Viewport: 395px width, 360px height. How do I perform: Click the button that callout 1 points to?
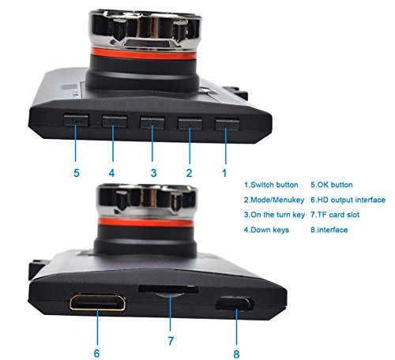tap(227, 124)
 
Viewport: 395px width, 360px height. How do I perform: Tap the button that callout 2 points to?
tap(190, 123)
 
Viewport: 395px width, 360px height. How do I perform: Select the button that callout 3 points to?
tap(152, 122)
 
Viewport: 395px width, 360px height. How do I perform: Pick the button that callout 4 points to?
tap(115, 122)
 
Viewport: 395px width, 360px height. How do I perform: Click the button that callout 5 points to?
tap(76, 120)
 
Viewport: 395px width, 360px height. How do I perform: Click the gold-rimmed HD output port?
tap(97, 302)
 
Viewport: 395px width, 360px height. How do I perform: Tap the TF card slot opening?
tap(168, 289)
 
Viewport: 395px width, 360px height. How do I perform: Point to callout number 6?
tap(96, 353)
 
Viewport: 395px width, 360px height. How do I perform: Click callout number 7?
tap(171, 341)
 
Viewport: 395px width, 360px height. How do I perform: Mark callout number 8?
tap(236, 354)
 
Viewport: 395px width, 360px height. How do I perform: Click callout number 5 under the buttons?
tap(77, 173)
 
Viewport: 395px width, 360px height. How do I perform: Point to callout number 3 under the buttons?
tap(153, 173)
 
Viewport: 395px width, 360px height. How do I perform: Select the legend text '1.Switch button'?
tap(271, 185)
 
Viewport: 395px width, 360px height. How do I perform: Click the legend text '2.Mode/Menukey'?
tap(274, 200)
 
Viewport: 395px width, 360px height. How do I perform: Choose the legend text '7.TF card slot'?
tap(335, 215)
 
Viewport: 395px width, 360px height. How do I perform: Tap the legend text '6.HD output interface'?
tap(348, 200)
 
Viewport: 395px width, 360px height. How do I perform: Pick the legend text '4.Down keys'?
tap(266, 230)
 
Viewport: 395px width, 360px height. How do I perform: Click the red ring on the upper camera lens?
tap(144, 54)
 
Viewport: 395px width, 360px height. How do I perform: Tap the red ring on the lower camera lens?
tap(145, 223)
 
